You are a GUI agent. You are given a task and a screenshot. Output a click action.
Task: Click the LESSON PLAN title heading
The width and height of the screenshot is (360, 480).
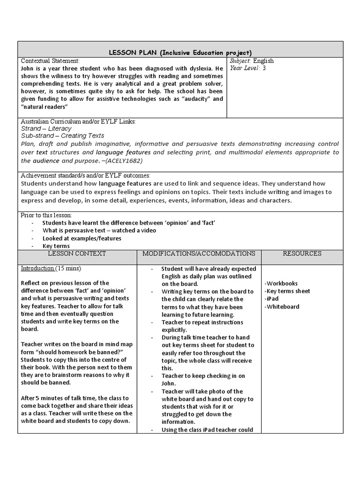pos(180,52)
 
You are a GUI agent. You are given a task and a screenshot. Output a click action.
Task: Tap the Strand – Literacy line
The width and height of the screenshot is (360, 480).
pos(46,128)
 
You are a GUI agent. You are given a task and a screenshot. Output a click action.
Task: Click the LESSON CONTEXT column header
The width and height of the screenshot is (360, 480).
pos(77,254)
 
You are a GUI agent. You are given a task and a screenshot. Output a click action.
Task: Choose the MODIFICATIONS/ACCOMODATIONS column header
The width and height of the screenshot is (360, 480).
pos(199,254)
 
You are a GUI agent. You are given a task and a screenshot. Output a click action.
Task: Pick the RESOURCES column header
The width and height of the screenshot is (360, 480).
pos(302,254)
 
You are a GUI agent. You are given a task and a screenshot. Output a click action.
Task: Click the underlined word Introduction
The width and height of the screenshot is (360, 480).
pos(37,269)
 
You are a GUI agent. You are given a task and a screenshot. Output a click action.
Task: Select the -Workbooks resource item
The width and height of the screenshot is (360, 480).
pos(281,284)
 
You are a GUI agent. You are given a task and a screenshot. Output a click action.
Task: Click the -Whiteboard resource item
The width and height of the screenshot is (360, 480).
pos(282,307)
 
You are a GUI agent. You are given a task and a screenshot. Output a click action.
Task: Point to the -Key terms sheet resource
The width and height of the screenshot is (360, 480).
pos(287,291)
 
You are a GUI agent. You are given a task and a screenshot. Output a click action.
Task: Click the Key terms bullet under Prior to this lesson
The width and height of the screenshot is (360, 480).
pos(56,246)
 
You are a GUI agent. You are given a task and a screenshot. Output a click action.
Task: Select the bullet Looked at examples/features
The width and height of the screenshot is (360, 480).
pos(82,238)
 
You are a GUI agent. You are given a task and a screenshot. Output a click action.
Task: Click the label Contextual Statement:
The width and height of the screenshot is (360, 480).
pos(51,60)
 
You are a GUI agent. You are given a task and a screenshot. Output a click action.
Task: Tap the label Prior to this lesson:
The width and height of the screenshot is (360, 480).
pos(46,215)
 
